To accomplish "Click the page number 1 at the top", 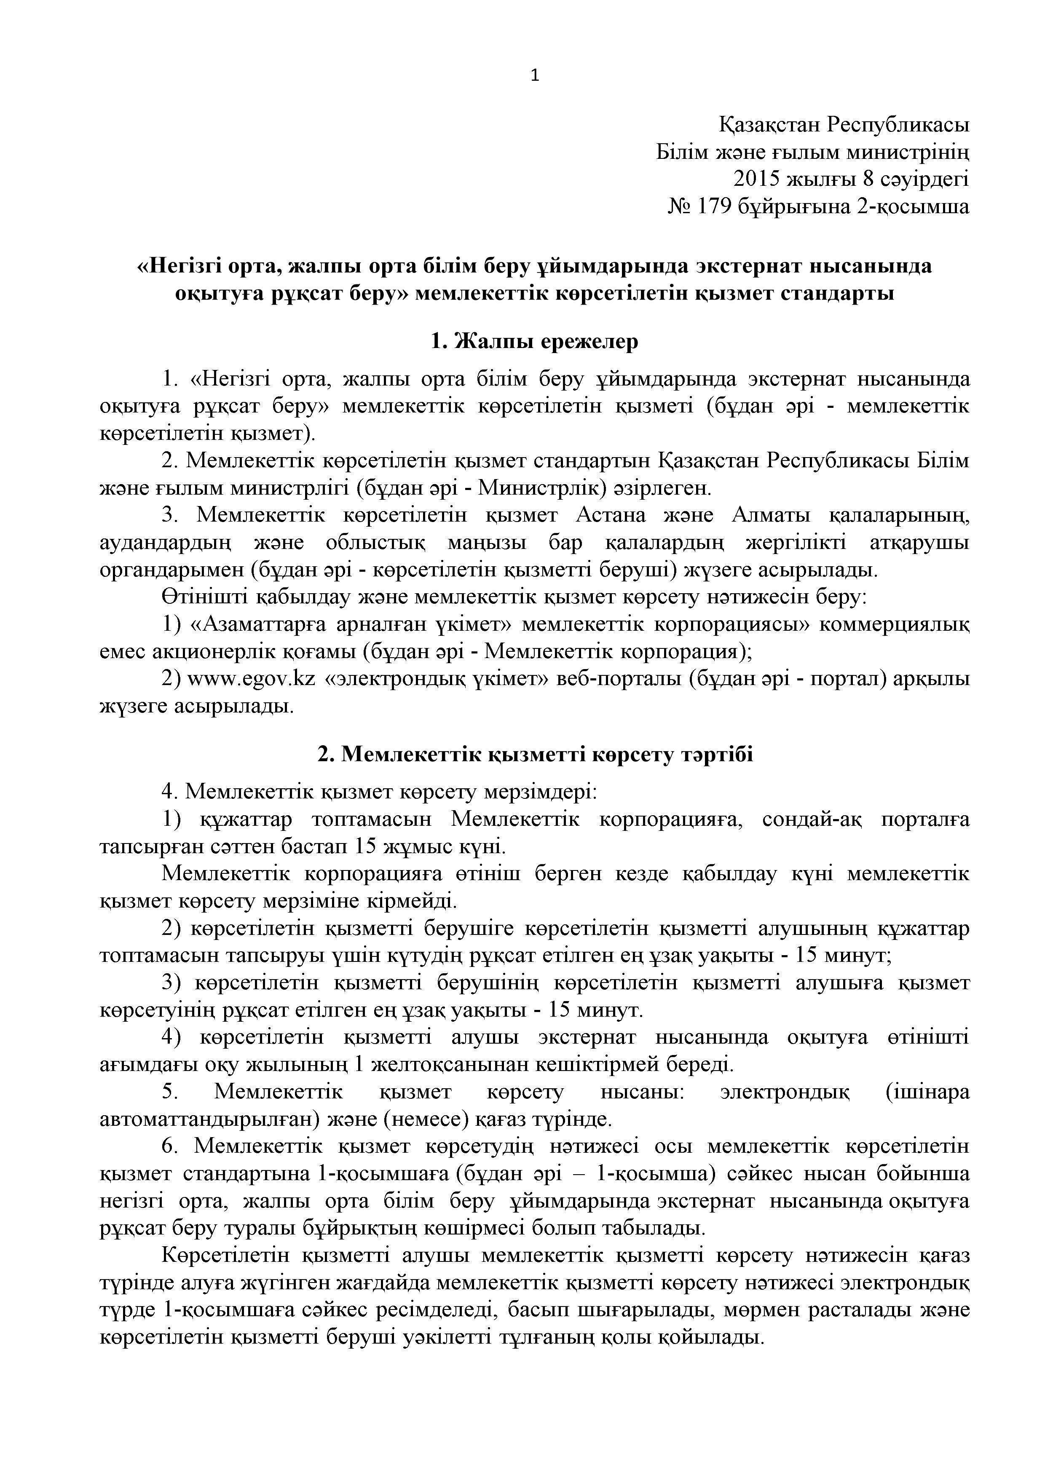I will (534, 76).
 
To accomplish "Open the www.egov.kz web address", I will (251, 679).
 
